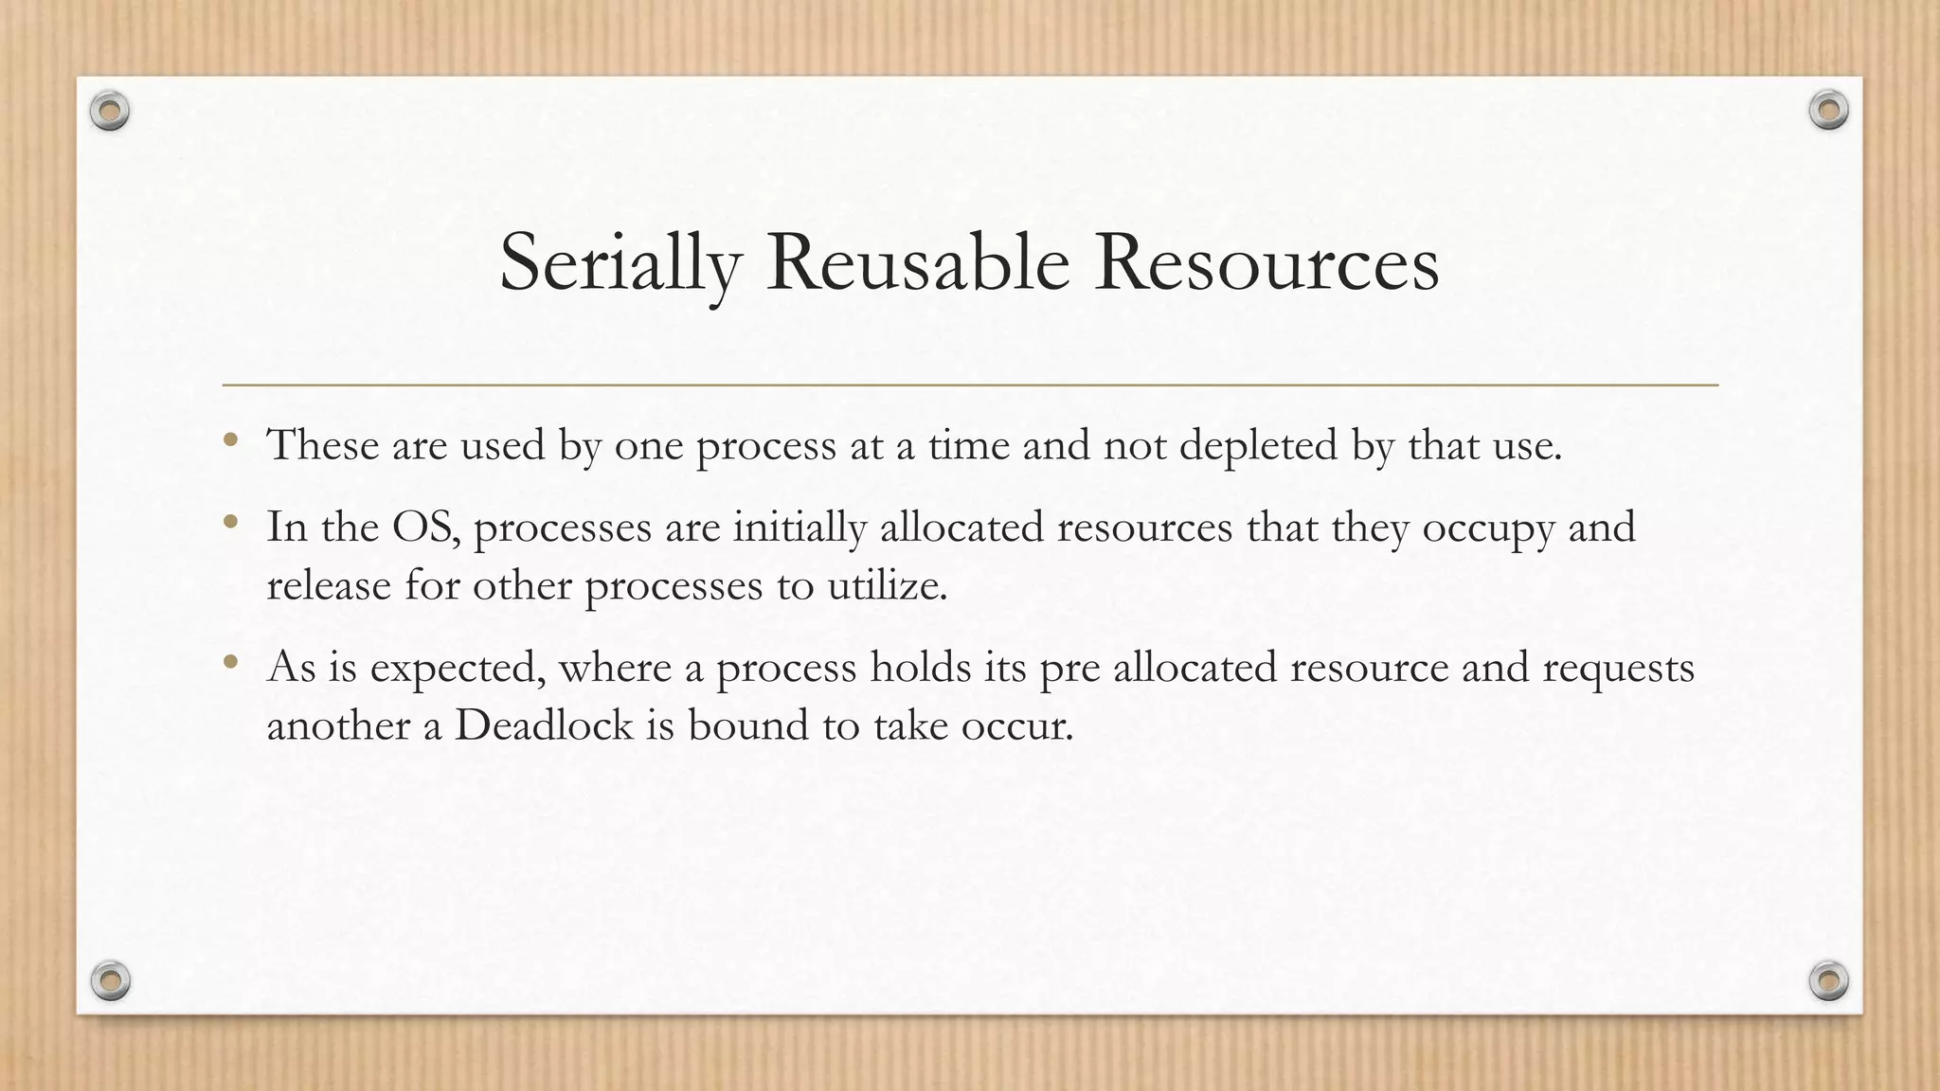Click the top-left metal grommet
110,112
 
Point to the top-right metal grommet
1828,111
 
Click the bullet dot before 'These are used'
230,438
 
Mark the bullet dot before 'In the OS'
230,521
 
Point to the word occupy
1488,528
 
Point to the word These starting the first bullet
322,445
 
